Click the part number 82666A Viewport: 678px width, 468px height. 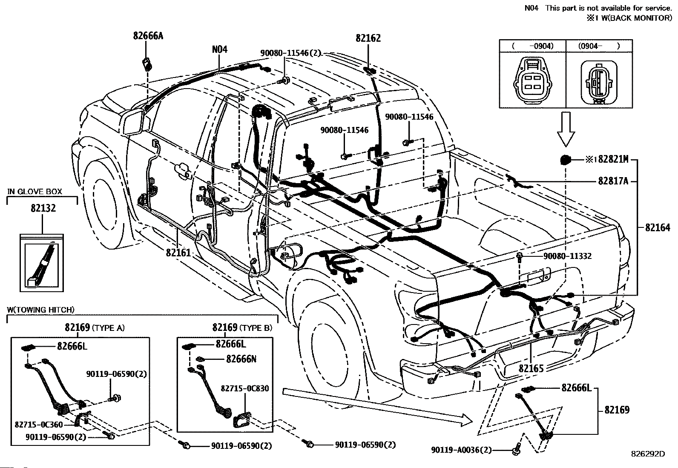148,36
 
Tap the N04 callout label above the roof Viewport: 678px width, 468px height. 219,49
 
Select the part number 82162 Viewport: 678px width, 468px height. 368,38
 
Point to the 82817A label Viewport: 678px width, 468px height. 613,181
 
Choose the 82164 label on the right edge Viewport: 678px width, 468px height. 658,228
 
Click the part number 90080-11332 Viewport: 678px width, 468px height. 567,256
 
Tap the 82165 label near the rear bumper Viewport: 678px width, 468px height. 531,368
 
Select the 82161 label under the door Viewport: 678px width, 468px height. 178,253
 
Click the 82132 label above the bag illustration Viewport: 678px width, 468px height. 43,208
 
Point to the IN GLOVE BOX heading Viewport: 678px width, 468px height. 34,191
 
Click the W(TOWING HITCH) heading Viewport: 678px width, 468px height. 40,310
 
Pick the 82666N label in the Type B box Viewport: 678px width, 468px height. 241,359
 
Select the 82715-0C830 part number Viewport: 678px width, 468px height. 244,388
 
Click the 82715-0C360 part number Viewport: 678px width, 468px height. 39,425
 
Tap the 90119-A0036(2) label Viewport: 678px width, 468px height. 461,450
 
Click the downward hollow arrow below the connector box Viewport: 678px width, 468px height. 566,129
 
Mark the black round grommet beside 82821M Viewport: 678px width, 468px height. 565,160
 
